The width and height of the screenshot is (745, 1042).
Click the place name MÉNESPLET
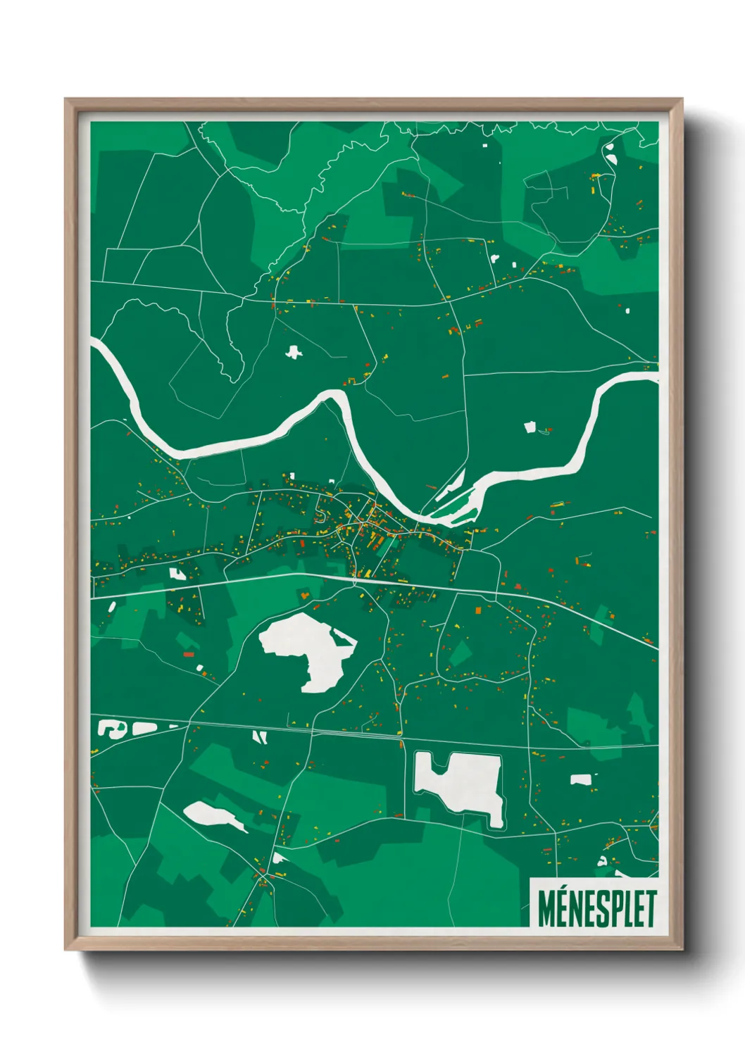click(x=597, y=908)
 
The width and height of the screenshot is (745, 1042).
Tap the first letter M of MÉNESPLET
click(x=546, y=908)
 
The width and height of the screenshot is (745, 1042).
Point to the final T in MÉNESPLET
click(x=650, y=908)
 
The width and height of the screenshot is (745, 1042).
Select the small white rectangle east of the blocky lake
click(x=580, y=779)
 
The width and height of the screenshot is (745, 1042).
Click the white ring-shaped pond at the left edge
click(x=108, y=727)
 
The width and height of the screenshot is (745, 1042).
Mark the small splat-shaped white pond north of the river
click(x=293, y=351)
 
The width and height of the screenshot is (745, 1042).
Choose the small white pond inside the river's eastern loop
click(x=530, y=427)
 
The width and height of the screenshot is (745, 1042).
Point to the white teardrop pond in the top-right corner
click(x=610, y=153)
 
